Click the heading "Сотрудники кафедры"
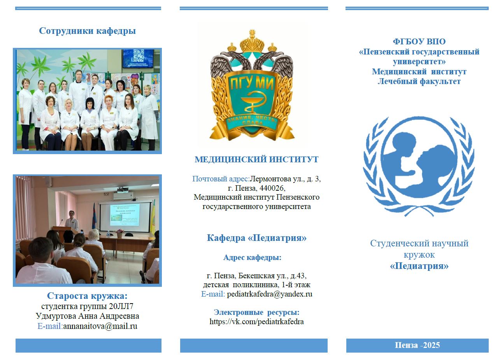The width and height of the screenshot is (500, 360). point(87,31)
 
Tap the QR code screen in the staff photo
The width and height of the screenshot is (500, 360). point(138,58)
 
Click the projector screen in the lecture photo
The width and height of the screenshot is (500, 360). point(125,217)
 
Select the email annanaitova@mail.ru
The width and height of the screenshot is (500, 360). point(100,326)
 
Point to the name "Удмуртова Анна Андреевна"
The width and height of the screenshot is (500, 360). point(87,316)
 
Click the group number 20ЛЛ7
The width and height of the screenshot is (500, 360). point(121,306)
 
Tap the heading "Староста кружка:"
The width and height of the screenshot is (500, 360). point(87,296)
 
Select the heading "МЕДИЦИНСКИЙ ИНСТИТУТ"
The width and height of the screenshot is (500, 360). point(256,160)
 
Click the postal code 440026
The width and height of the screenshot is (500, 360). point(272,188)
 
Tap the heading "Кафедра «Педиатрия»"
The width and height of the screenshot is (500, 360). point(256,238)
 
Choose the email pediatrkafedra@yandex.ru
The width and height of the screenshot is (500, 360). point(269,294)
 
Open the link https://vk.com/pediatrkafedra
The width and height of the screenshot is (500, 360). point(256,321)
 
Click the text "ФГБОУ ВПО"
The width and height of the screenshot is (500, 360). point(419,42)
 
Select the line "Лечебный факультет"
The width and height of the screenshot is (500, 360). point(419,81)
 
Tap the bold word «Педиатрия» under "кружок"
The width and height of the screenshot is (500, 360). point(419,266)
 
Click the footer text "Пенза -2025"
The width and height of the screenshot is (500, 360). point(417,345)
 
